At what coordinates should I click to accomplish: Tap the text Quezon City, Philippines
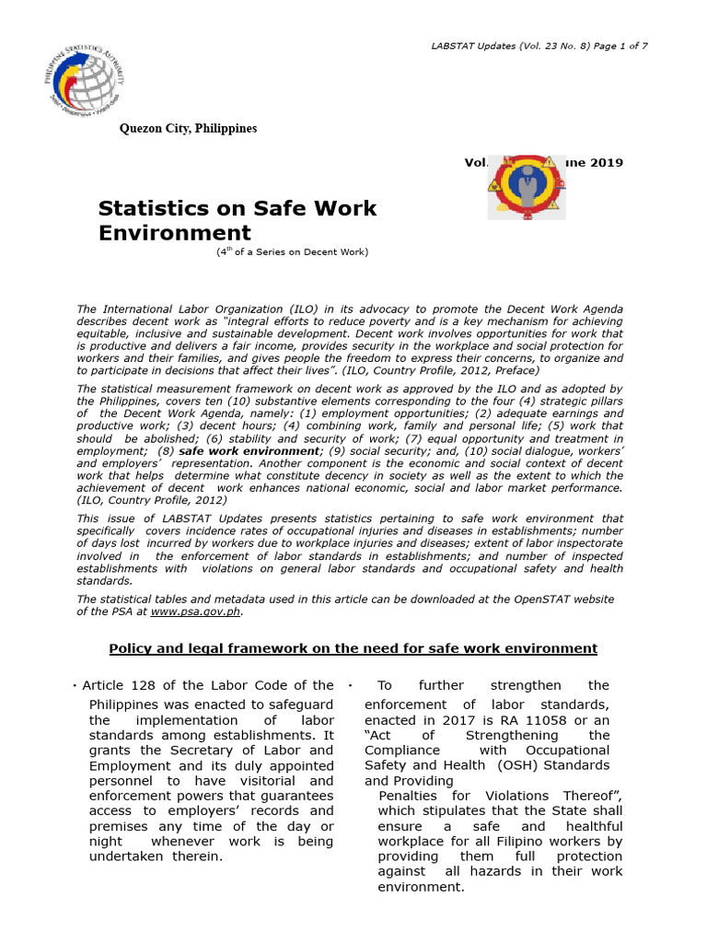pos(189,129)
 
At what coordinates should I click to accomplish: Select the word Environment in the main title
pos(174,233)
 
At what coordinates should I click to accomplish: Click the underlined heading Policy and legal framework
pos(353,649)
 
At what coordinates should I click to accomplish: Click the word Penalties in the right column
pos(411,796)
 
